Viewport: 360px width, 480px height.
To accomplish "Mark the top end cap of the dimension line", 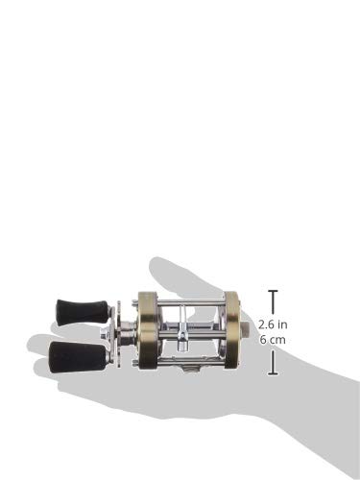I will pos(274,290).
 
